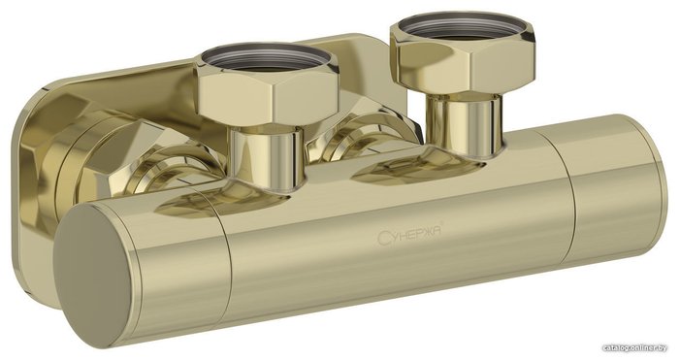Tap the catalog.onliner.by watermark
point(640,347)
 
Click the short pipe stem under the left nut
point(267,157)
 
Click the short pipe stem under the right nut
point(465,124)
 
